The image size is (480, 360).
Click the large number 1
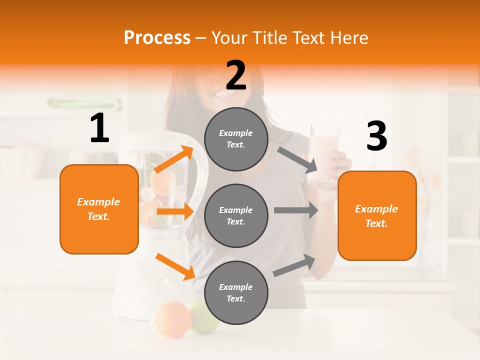(x=99, y=128)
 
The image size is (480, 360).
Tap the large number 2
(x=236, y=75)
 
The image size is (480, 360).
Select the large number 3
(x=376, y=136)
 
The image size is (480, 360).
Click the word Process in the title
(x=157, y=37)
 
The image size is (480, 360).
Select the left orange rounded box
(x=99, y=209)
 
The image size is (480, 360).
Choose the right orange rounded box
(x=377, y=215)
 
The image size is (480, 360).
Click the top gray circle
(x=236, y=139)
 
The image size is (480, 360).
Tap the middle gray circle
(x=236, y=215)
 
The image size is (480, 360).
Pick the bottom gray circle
(x=236, y=292)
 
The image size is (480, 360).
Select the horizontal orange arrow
(x=174, y=211)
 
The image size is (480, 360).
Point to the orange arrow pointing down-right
(x=174, y=266)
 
